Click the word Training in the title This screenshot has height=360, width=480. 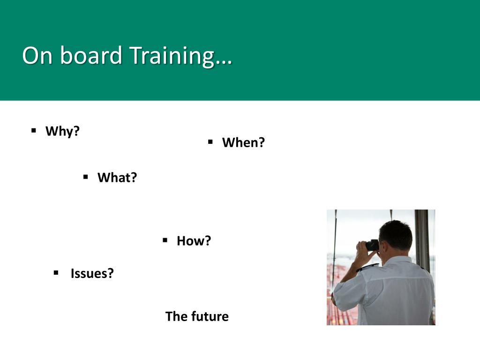(172, 56)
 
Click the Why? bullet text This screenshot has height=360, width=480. (62, 131)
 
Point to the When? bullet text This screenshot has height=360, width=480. (243, 142)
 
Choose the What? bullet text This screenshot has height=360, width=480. (117, 178)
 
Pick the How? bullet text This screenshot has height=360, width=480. (194, 241)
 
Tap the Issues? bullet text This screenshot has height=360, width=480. (92, 273)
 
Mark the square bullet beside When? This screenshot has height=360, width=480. (210, 142)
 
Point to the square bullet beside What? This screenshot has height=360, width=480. (86, 177)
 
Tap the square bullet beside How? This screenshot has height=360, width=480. (165, 240)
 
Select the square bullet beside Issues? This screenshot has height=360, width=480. (56, 272)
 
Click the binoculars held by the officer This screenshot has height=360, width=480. (372, 245)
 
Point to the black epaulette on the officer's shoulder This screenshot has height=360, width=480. (367, 268)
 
